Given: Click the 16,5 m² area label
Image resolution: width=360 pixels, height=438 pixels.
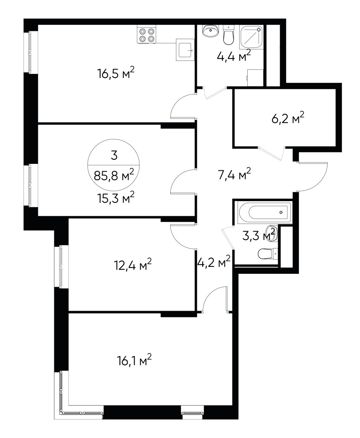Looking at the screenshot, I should pyautogui.click(x=116, y=74).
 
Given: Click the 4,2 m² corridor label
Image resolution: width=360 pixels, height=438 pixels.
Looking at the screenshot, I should pyautogui.click(x=214, y=263).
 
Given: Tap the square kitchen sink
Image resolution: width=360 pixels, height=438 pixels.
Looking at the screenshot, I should pyautogui.click(x=185, y=50).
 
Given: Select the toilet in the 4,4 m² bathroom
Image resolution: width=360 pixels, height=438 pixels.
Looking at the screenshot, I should pyautogui.click(x=229, y=36).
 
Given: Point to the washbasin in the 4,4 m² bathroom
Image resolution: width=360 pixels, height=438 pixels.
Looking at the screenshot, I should pyautogui.click(x=210, y=30).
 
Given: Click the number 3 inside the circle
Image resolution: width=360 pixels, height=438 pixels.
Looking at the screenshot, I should pyautogui.click(x=114, y=155).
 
